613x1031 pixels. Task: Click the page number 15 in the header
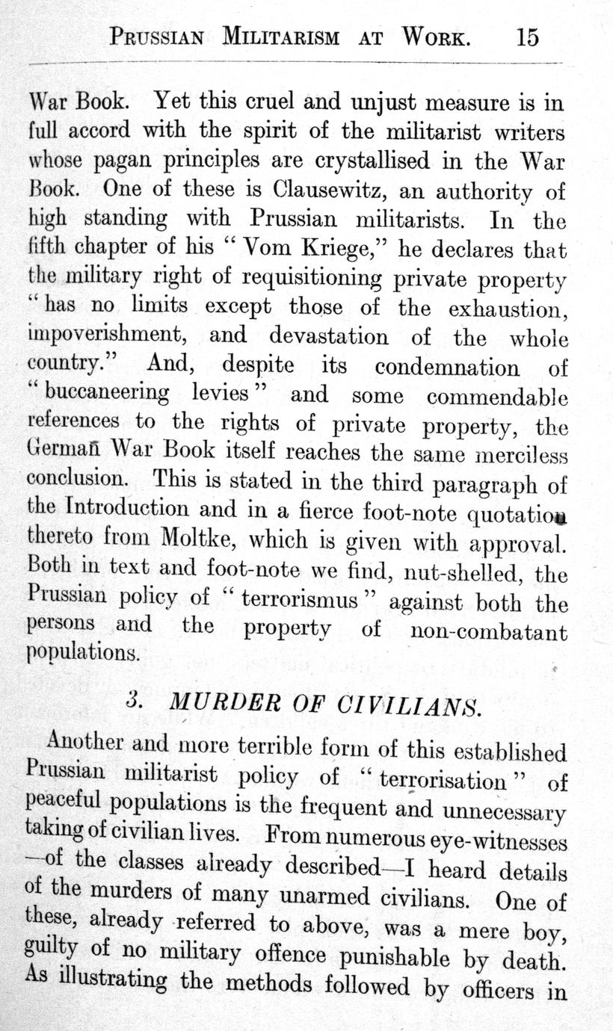click(527, 37)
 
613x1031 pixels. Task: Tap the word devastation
click(329, 336)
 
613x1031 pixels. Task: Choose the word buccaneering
click(107, 394)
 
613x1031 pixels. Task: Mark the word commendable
click(496, 397)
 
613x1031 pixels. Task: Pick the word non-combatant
click(489, 632)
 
